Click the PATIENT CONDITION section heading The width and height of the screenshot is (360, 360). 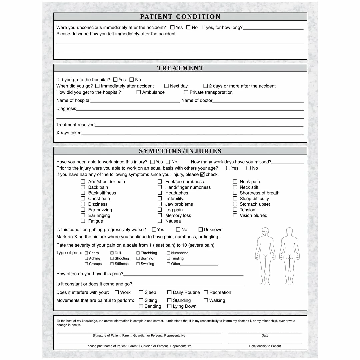point(180,17)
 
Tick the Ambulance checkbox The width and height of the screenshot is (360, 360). point(139,92)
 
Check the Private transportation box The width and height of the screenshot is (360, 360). point(186,92)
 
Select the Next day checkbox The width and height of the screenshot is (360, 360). point(166,86)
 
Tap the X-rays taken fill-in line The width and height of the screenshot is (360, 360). point(192,133)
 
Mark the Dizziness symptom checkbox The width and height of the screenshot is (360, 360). point(83,204)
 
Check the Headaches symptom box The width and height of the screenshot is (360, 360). point(160,193)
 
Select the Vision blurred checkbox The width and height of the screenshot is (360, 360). point(235,215)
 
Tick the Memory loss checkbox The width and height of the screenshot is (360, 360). point(160,215)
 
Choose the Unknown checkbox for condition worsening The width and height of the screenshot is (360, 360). point(201,230)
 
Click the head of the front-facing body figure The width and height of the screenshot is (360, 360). point(265,232)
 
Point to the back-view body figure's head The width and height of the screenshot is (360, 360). point(289,232)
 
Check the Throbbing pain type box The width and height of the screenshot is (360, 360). point(138,253)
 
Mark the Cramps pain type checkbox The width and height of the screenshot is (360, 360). point(86,264)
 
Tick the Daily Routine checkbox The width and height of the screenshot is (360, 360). point(169,292)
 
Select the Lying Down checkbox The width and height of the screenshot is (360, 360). point(169,306)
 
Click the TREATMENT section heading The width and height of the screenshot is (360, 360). point(180,68)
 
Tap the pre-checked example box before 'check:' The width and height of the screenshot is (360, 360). point(202,174)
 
